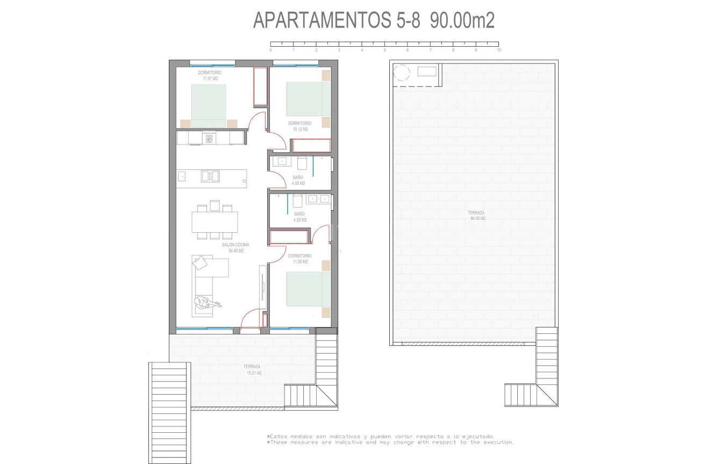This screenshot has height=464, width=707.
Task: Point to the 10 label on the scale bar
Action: pos(499,50)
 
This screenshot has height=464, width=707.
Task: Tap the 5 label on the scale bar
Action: pos(385,50)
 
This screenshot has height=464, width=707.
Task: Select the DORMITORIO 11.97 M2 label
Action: pos(209,75)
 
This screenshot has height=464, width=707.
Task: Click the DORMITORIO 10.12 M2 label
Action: pos(299,126)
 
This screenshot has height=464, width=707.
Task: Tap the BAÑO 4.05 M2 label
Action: pos(298,180)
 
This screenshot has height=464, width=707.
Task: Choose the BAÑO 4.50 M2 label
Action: pos(300,217)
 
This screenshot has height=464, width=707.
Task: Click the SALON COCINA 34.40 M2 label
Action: pos(235,247)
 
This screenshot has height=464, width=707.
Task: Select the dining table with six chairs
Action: pos(215,221)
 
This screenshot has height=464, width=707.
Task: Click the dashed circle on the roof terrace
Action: pos(401,73)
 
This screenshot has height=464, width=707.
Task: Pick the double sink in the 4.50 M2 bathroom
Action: pos(318,199)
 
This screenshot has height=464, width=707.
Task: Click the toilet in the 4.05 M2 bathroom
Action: pos(302,163)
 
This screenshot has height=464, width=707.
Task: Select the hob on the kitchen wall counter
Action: pos(209,139)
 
